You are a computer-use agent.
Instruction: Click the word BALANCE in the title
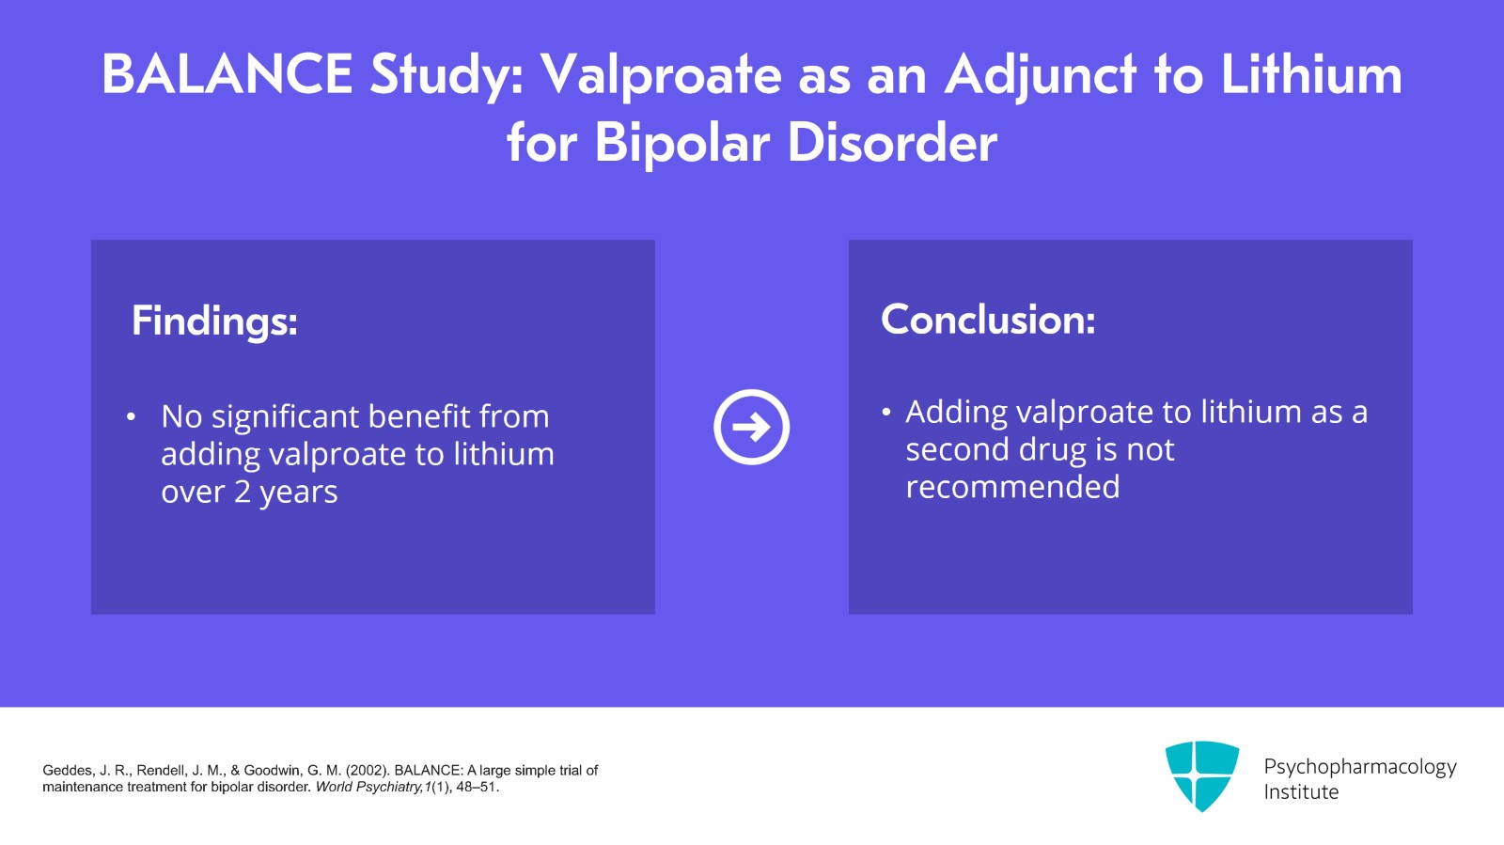(x=227, y=75)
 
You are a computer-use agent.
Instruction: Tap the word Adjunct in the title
(x=1041, y=75)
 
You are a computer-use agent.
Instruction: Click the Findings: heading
(x=214, y=321)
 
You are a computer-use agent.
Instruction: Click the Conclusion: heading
(x=988, y=320)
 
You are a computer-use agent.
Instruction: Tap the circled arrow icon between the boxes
(x=751, y=427)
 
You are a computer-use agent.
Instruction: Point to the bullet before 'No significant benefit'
(x=132, y=416)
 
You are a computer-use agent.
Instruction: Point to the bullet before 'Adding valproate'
(x=885, y=412)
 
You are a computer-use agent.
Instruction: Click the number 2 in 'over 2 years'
(x=243, y=492)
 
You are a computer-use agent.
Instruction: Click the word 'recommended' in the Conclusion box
(x=1012, y=487)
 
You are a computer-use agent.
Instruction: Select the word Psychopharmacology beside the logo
(x=1359, y=767)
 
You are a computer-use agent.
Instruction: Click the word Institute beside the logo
(x=1301, y=792)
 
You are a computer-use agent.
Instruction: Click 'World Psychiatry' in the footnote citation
(x=368, y=787)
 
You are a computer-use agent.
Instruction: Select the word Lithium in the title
(x=1310, y=75)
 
